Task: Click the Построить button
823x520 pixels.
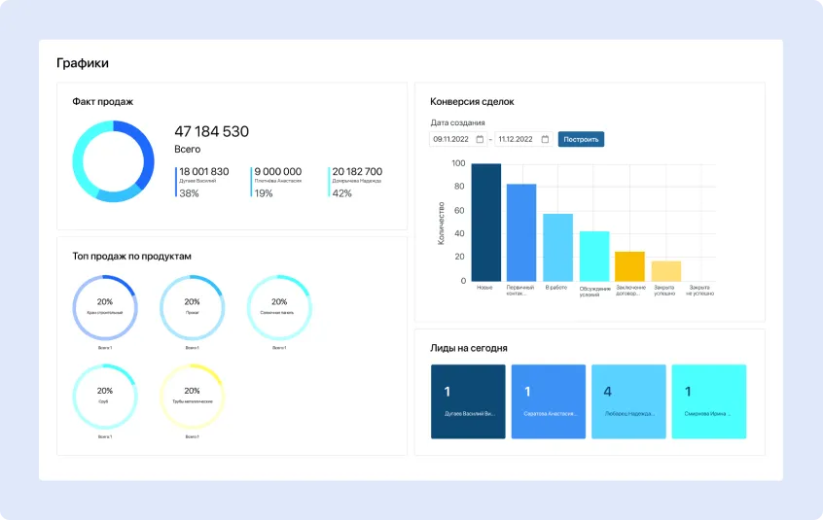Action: tap(581, 139)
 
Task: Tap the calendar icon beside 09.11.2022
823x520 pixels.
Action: tap(480, 139)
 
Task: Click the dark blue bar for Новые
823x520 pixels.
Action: tap(485, 223)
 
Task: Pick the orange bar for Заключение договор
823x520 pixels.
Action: tap(629, 266)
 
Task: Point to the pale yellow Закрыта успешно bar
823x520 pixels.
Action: tap(665, 270)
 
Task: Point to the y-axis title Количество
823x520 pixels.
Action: tap(441, 223)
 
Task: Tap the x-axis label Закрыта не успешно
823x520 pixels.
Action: tap(700, 290)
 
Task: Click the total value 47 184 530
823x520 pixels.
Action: tap(211, 131)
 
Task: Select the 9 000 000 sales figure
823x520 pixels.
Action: tap(278, 171)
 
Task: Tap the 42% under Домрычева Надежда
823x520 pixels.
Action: tap(342, 193)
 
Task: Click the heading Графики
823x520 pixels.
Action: tap(83, 63)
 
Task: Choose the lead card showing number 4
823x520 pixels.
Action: tap(628, 401)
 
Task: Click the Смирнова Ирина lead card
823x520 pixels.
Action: tap(709, 401)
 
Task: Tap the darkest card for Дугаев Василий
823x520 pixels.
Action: tap(468, 401)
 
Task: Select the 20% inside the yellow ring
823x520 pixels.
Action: tap(193, 390)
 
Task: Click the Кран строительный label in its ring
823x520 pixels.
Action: tap(105, 313)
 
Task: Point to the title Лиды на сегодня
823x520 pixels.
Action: tap(468, 347)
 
